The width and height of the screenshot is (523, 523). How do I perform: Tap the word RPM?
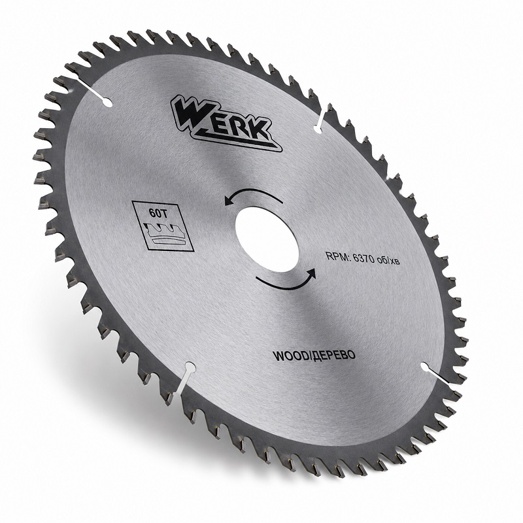point(337,256)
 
